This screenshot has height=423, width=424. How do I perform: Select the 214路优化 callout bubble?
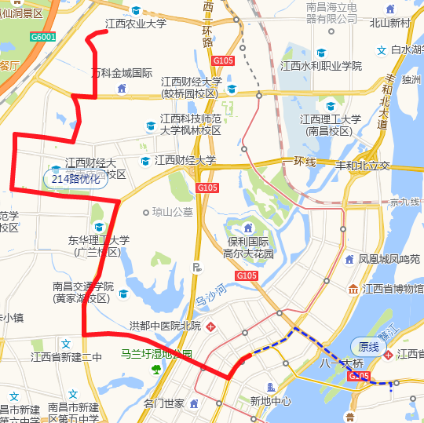click(75, 179)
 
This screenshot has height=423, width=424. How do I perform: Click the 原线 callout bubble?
click(368, 346)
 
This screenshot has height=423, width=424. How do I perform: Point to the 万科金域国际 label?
click(122, 73)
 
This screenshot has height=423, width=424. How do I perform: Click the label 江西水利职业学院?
click(321, 66)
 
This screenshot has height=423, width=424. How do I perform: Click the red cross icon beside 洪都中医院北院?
click(211, 326)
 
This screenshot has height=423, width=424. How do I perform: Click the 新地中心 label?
click(270, 401)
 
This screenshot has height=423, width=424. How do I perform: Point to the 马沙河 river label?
click(210, 296)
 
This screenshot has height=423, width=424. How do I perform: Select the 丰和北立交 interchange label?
click(363, 166)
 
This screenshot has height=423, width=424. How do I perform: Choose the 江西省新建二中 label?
click(67, 357)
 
